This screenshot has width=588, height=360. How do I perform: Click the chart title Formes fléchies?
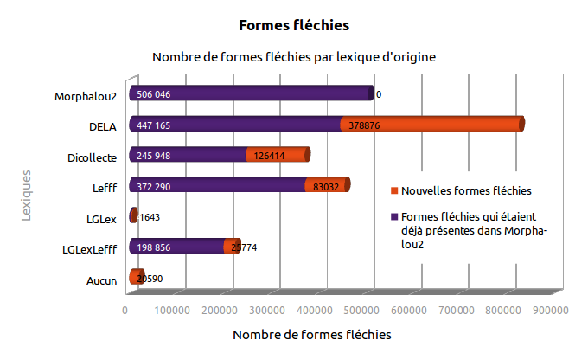point(293,25)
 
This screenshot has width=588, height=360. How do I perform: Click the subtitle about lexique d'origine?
point(293,57)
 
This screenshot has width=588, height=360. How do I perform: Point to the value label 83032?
point(326,186)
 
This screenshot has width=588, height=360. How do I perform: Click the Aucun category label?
point(102,280)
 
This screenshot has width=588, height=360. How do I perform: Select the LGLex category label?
point(102,218)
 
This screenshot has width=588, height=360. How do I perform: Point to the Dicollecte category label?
point(92,157)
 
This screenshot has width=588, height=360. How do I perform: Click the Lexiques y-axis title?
point(27,196)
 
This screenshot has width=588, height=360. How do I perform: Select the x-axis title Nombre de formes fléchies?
point(312,333)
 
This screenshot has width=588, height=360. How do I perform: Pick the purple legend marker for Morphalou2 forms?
point(394,216)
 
